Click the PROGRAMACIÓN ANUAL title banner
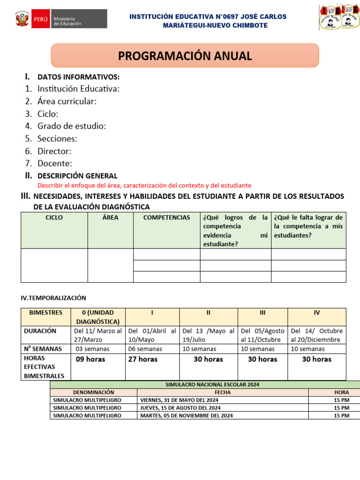click(185, 56)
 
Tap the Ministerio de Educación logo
click(61, 20)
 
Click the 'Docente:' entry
click(55, 164)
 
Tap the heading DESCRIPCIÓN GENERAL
click(77, 176)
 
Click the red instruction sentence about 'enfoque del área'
click(144, 186)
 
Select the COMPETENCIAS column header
click(166, 217)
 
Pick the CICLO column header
click(54, 217)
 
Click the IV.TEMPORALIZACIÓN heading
click(53, 298)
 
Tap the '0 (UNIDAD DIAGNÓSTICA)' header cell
click(97, 317)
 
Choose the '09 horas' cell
click(90, 360)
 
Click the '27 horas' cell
click(142, 360)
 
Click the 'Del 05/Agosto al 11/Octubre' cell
click(262, 335)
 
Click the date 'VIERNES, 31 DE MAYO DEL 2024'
click(179, 400)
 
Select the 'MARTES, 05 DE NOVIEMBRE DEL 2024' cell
click(187, 415)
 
